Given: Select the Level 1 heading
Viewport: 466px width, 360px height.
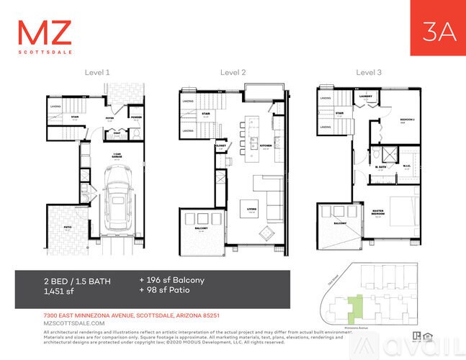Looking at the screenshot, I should (97, 72).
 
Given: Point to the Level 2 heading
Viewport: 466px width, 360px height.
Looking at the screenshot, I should (233, 72).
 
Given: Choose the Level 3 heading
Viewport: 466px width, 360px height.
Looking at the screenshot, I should (369, 72).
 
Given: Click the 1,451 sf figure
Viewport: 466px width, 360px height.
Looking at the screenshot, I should (60, 292).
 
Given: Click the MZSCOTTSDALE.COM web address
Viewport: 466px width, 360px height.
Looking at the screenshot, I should (64, 323).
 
